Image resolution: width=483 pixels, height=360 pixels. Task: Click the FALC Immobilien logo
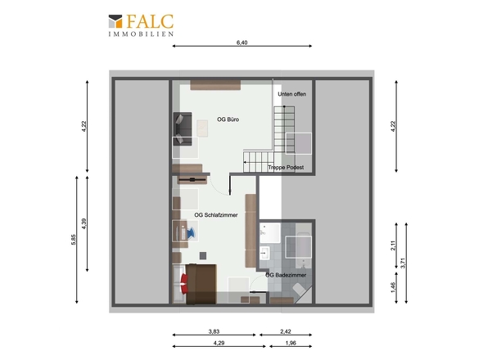[x=141, y=25]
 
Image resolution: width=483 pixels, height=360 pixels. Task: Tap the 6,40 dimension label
[x=241, y=43]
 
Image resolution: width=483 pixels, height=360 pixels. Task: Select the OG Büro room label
[x=228, y=119]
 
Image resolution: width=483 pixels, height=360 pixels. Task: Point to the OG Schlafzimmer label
[x=216, y=215]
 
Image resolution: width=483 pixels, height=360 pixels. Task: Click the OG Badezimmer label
[x=286, y=275]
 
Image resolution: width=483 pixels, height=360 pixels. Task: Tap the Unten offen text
[x=292, y=94]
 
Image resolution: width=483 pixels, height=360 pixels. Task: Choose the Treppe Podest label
[x=286, y=167]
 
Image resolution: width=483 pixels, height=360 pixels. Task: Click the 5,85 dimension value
[x=74, y=240]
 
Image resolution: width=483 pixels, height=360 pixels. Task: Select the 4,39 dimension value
[x=84, y=223]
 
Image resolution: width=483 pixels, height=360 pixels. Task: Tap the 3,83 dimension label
[x=214, y=331]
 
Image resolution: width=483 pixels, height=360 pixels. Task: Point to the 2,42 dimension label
[x=286, y=331]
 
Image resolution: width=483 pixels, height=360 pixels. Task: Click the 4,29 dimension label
[x=219, y=343]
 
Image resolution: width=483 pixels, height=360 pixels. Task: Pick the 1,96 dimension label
[x=291, y=343]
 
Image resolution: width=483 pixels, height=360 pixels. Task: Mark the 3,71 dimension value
[x=404, y=263]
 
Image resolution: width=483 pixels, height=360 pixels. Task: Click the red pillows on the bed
[x=184, y=284]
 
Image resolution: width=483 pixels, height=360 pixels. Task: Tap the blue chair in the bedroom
[x=191, y=232]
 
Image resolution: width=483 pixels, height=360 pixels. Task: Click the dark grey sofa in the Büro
[x=183, y=128]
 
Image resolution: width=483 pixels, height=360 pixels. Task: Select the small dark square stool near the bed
[x=203, y=255]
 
